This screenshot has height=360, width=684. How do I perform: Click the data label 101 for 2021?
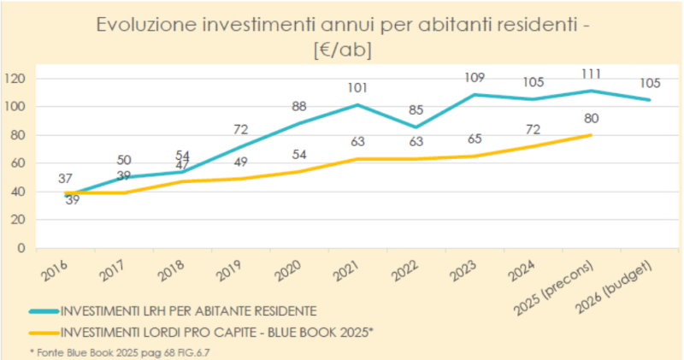[357, 87]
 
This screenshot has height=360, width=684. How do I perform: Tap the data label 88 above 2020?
[299, 107]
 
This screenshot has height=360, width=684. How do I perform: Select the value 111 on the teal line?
[590, 74]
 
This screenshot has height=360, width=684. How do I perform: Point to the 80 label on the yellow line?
[590, 118]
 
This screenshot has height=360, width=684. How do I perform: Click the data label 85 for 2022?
[416, 109]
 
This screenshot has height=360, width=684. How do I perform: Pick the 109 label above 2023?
[474, 77]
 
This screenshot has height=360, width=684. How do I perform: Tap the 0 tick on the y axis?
[27, 249]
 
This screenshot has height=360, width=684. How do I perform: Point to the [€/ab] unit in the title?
[342, 50]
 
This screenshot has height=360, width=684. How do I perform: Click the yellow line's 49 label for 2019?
[240, 162]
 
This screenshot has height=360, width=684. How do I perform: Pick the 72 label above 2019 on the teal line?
[240, 129]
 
